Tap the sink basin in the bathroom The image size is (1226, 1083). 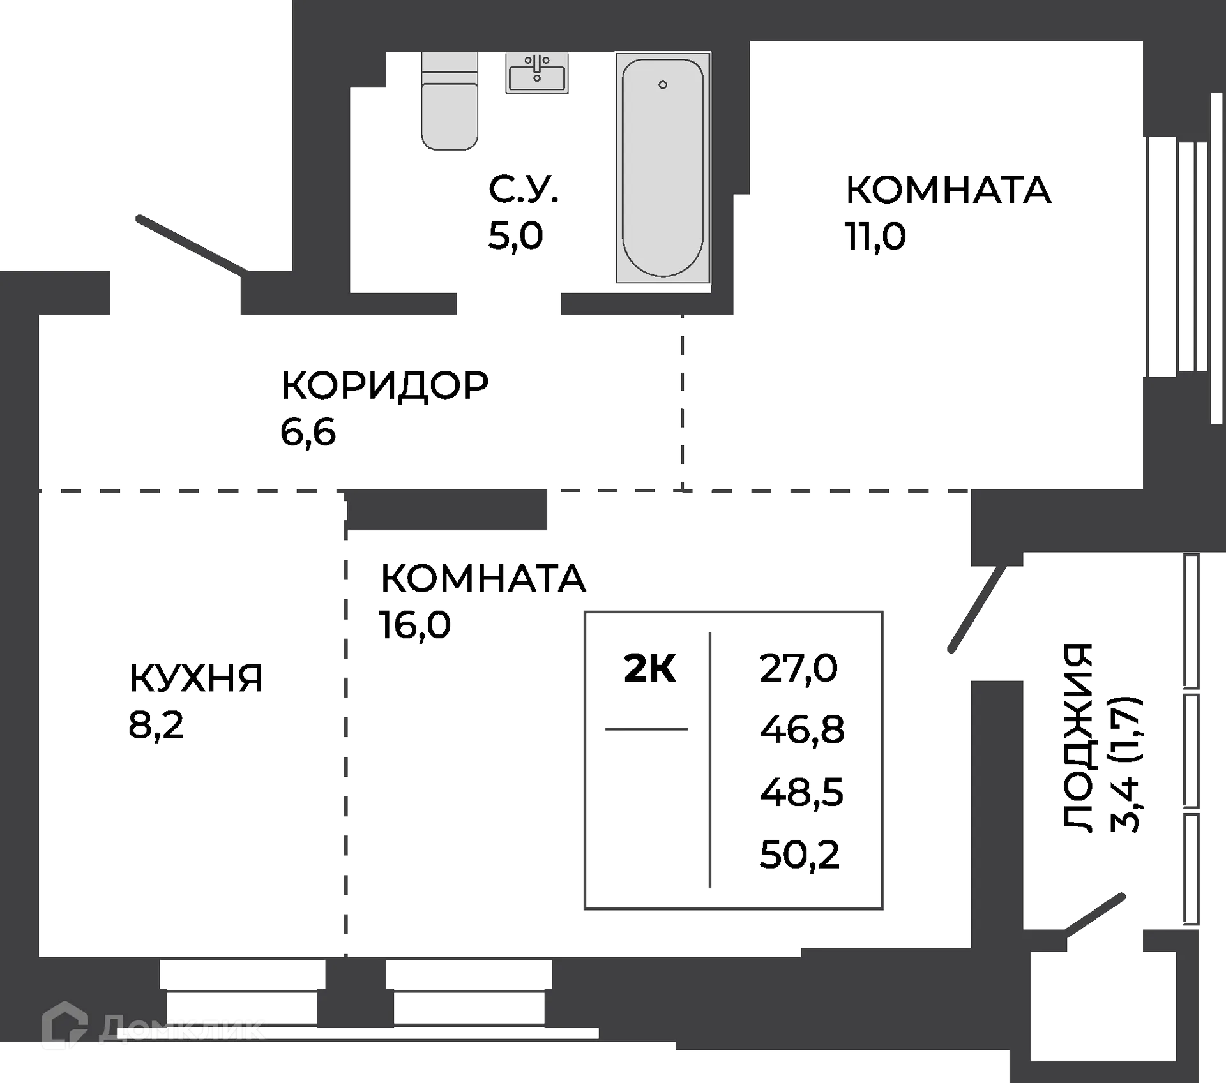point(537,74)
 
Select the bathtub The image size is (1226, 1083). point(663,168)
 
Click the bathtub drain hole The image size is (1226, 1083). point(663,85)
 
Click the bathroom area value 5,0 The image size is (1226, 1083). point(515,235)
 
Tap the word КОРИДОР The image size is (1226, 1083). point(384,385)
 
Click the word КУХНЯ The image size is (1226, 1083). point(195,678)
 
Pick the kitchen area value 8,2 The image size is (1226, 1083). point(156,725)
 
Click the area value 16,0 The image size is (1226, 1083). point(415,624)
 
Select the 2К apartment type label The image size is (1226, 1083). point(650,669)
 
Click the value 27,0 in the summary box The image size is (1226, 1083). point(798,669)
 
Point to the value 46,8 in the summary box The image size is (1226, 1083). point(802,729)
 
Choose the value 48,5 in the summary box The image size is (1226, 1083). point(801,792)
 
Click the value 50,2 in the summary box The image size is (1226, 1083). point(799,854)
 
